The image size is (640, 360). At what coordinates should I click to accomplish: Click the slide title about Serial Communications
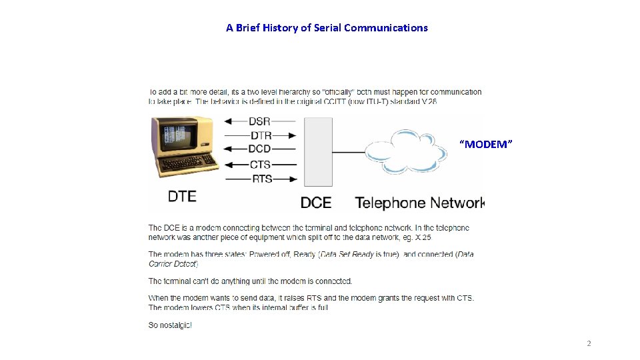(327, 28)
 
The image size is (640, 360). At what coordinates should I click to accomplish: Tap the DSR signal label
(260, 121)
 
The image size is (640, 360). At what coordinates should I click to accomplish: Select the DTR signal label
(260, 135)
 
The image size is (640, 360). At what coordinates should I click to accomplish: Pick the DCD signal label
(260, 149)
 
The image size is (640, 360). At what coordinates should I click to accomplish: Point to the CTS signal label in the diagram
(260, 164)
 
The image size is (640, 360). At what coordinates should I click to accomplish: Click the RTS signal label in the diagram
(260, 179)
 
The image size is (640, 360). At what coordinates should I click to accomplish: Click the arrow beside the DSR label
(235, 121)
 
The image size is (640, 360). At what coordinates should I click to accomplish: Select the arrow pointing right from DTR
(285, 135)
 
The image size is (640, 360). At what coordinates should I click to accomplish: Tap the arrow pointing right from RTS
(285, 179)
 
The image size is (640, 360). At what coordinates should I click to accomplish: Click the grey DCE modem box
(318, 151)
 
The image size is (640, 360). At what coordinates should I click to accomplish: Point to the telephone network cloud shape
(405, 151)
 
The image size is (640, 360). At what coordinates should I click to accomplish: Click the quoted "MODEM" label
(487, 144)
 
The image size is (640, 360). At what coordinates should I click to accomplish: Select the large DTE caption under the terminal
(182, 196)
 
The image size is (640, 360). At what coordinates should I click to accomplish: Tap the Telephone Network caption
(419, 203)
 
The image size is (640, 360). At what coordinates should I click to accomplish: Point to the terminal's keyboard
(189, 163)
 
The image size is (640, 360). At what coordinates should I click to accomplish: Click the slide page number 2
(589, 343)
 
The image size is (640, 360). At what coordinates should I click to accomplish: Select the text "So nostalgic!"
(170, 325)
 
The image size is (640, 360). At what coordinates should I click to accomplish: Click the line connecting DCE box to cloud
(349, 151)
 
